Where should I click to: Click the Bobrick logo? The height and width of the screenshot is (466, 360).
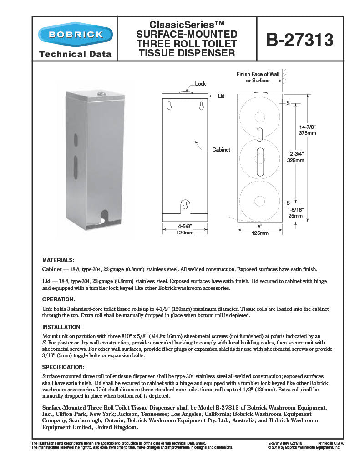[x=75, y=35]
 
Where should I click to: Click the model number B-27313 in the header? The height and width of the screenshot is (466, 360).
[x=300, y=39]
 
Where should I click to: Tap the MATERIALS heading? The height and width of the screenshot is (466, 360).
[x=58, y=260]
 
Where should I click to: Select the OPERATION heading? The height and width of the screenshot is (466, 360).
[x=58, y=299]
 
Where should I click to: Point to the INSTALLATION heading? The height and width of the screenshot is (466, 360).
[x=62, y=327]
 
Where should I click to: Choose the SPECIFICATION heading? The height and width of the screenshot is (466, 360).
[x=63, y=366]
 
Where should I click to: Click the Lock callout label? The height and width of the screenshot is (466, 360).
[x=200, y=84]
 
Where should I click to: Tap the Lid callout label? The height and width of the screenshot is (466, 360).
[x=221, y=96]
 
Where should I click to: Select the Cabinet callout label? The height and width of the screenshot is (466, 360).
[x=221, y=149]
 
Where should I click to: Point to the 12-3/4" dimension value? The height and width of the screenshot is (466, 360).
[x=295, y=153]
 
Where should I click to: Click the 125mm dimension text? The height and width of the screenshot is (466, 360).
[x=260, y=233]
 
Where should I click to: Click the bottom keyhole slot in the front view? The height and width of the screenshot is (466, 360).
[x=185, y=205]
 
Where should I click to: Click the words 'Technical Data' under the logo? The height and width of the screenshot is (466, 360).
[x=75, y=54]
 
